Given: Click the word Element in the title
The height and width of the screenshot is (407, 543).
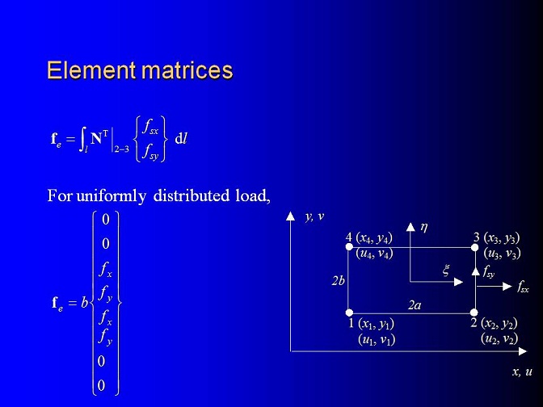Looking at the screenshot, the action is [91, 70].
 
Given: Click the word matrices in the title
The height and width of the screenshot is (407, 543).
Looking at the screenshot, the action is [187, 70].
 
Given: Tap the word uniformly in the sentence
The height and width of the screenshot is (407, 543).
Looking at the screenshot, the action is [111, 196].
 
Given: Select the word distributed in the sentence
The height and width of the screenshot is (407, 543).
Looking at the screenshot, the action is [192, 195].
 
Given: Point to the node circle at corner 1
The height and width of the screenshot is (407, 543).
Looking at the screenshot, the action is [349, 313].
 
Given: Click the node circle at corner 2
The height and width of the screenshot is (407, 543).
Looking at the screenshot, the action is [474, 313].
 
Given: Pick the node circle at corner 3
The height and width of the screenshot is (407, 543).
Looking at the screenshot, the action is [475, 247].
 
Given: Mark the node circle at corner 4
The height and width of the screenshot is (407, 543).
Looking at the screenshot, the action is [349, 246].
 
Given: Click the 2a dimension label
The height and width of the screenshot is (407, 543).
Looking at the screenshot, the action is [415, 305].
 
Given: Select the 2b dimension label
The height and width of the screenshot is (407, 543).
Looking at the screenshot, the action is [338, 280].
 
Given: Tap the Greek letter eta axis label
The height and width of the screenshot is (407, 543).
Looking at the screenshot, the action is [424, 228].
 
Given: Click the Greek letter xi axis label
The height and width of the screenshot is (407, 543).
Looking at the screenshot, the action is [446, 270].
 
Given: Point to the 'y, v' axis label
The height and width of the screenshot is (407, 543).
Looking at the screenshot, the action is [314, 216].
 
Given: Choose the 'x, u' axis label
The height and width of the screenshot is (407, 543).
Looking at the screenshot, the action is [522, 371].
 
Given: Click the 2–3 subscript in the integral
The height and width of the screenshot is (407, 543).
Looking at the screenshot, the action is [121, 149].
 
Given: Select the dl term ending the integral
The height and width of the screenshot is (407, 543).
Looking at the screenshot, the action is [181, 139].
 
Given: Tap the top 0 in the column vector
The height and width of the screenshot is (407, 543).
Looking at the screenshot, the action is [106, 220].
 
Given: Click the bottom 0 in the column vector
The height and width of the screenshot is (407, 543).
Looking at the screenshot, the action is [101, 385].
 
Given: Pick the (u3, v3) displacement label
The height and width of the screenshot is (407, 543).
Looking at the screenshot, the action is [502, 254].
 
